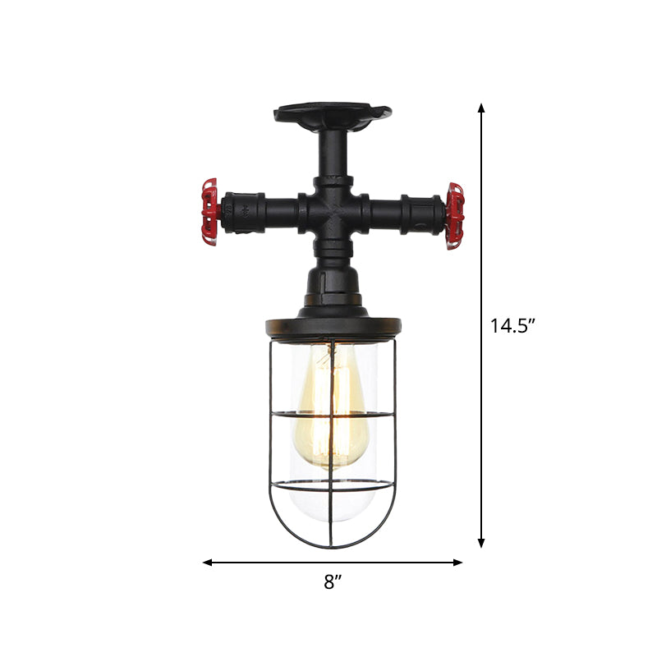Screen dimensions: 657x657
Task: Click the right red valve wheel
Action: coord(454,216)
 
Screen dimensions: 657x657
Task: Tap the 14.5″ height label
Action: coord(513,326)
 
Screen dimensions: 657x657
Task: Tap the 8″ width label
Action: coord(332,582)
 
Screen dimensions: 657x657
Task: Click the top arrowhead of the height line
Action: coord(482,109)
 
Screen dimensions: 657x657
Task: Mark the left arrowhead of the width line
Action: coord(208,563)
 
